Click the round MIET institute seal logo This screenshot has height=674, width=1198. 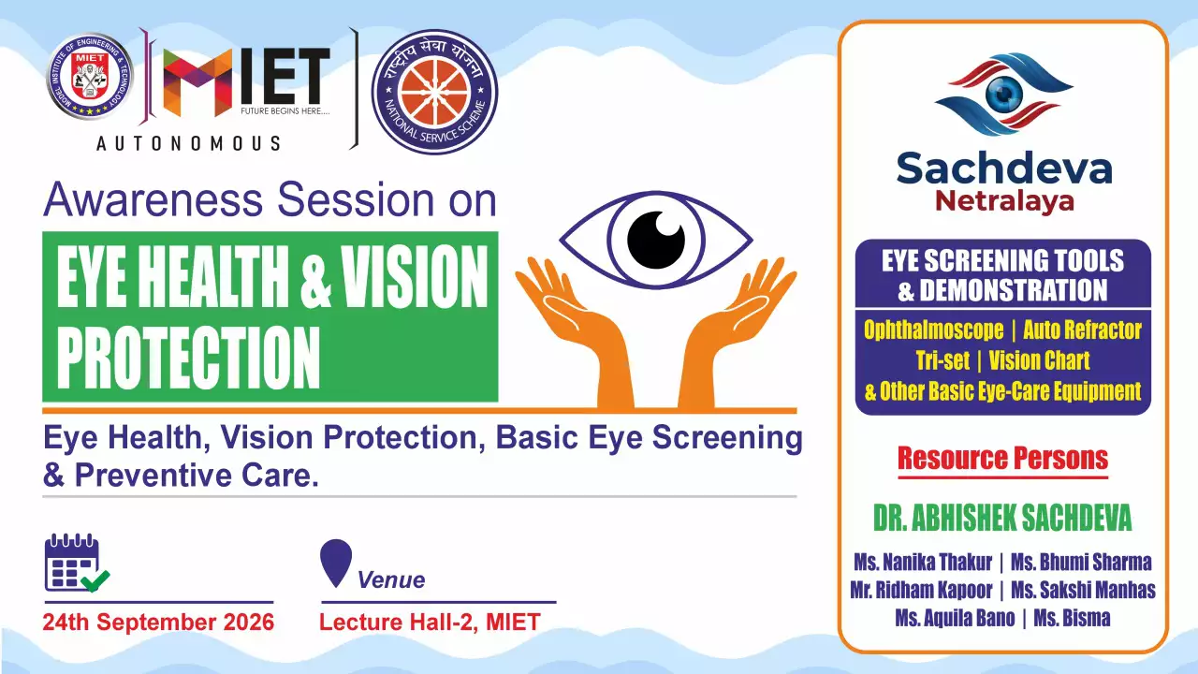[90, 77]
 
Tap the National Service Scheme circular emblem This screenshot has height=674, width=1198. [434, 92]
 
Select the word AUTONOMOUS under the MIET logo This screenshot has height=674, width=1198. [188, 143]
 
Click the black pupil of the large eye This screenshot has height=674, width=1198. [656, 240]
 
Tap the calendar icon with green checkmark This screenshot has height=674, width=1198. [77, 563]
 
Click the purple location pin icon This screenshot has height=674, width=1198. [336, 563]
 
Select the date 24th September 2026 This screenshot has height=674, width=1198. [158, 623]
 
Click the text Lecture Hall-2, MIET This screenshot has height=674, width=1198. [430, 623]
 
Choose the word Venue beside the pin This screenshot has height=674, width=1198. [391, 579]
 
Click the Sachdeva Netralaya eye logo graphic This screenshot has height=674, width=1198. [1004, 95]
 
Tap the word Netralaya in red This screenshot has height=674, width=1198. [1004, 201]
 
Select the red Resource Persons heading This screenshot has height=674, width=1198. [1002, 459]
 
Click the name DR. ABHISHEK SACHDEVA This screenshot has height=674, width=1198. [1002, 518]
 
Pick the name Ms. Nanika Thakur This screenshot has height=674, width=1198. [923, 563]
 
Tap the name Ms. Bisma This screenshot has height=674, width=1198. [1072, 619]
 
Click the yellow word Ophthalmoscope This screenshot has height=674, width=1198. [934, 330]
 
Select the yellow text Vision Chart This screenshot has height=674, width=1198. [1039, 360]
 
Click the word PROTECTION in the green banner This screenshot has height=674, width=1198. [188, 358]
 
